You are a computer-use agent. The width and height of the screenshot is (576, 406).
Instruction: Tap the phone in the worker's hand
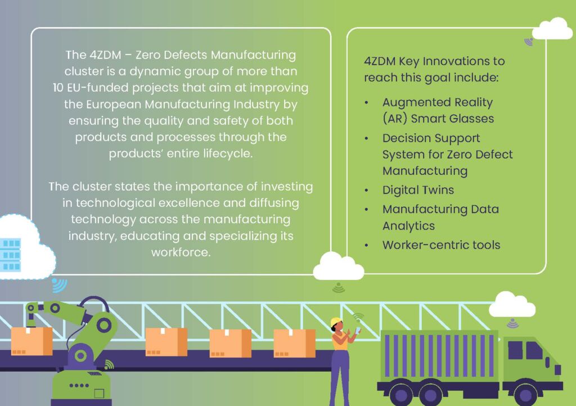tap(358, 331)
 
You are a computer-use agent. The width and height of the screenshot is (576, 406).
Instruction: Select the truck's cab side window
tap(525, 350)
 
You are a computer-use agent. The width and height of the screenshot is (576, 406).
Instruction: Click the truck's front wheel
tap(526, 395)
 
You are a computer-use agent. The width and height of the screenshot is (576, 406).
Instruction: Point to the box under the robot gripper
tap(32, 341)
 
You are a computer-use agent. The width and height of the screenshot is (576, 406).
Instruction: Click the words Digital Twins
tap(418, 190)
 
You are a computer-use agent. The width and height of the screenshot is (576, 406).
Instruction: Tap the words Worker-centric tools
tap(441, 245)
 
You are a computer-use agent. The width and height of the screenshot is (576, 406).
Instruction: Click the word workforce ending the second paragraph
tap(181, 252)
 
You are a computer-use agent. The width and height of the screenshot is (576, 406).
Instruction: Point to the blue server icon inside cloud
tap(10, 254)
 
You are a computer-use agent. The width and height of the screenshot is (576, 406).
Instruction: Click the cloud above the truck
tap(512, 304)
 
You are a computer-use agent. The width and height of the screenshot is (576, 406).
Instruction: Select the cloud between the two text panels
tap(338, 266)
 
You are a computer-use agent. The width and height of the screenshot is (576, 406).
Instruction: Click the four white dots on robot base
tap(79, 385)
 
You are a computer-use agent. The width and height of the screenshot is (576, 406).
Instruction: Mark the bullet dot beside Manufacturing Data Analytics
tap(366, 210)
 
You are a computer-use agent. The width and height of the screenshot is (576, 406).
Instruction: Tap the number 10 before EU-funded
tap(58, 88)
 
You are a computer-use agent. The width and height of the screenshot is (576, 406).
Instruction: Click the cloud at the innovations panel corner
tap(552, 28)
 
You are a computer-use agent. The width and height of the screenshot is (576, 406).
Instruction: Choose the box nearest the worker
tap(294, 343)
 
